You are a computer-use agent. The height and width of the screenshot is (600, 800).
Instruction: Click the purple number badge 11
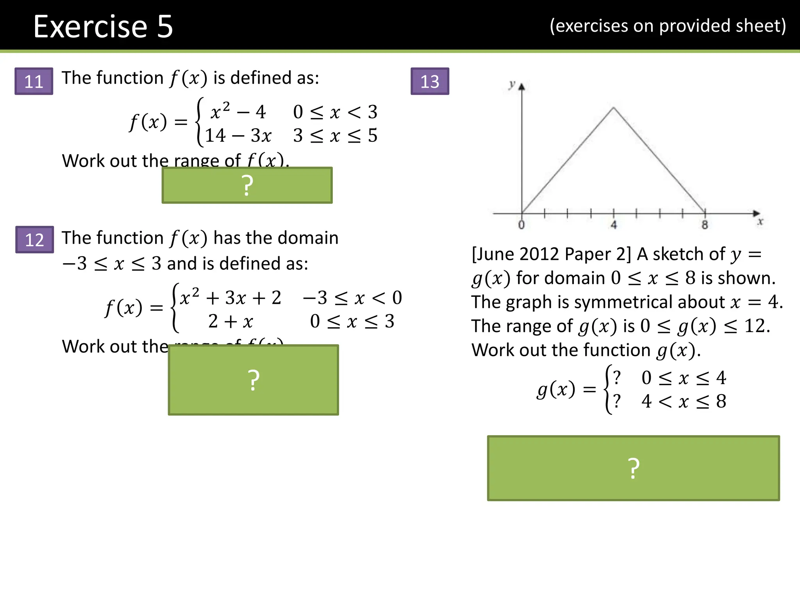tap(34, 81)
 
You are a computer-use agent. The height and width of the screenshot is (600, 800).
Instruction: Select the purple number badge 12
tap(35, 239)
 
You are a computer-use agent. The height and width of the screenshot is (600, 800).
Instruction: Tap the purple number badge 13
tap(430, 81)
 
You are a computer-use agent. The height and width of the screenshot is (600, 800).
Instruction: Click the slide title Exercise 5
tap(103, 27)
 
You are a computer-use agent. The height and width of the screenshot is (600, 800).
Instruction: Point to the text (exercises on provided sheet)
tap(668, 26)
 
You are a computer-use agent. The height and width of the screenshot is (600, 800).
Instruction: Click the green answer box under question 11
tap(247, 185)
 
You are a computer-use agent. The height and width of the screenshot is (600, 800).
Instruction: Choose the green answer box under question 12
tap(253, 380)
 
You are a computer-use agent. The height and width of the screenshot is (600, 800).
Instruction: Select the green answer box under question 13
tap(633, 468)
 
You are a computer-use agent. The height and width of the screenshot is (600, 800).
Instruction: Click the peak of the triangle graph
tap(613, 107)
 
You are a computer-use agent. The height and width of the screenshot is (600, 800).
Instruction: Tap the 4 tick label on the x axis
tap(614, 225)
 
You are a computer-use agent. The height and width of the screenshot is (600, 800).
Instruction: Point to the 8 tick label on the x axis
tap(705, 225)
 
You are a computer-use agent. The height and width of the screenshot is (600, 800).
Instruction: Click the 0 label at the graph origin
tap(521, 225)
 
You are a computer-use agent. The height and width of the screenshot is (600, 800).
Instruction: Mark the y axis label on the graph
tap(512, 84)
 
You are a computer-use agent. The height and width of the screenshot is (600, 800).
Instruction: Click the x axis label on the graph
tap(760, 222)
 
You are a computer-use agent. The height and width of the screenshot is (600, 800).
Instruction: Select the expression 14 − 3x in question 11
tap(238, 136)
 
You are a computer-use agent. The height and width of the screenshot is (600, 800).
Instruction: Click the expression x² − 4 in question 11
tap(238, 112)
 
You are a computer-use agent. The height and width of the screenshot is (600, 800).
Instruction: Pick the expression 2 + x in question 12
tap(230, 321)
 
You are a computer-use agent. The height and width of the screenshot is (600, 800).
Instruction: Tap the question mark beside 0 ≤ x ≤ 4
tap(616, 377)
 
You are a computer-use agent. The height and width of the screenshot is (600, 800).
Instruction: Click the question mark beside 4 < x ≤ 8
tap(616, 401)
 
